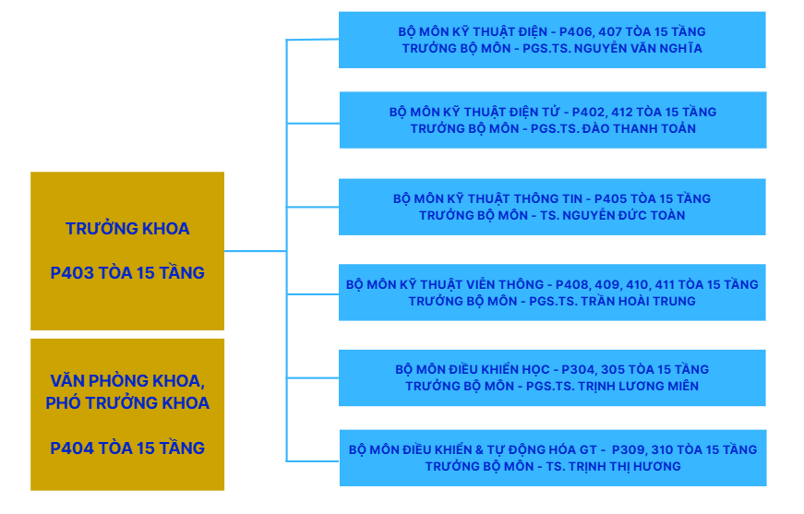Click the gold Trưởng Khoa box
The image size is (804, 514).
127,250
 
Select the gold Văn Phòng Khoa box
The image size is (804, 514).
127,414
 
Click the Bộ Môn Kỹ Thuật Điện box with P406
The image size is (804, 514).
552,40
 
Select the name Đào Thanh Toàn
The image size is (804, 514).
640,128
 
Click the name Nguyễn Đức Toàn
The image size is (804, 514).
631,215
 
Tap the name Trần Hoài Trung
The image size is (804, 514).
642,301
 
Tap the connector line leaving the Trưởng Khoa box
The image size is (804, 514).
254,250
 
